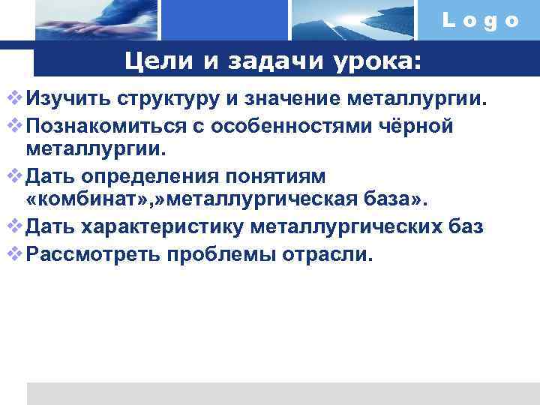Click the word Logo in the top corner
(x=481, y=21)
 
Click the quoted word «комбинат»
(x=79, y=201)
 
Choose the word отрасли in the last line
(x=326, y=253)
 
